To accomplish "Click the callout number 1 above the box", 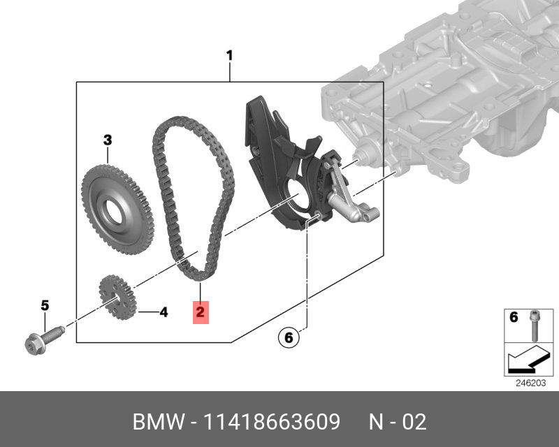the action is pos(230,55).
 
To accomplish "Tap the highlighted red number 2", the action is pos(200,312).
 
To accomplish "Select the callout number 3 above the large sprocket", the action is pos(108,140).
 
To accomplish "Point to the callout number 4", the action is pos(164,312).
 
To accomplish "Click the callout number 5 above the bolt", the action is pos(45,305).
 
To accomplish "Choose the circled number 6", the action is pos(287,338).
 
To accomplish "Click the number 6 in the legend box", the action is pos(514,318).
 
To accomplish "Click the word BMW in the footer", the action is pos(157,422).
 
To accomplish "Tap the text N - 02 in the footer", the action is pos(397,422).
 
